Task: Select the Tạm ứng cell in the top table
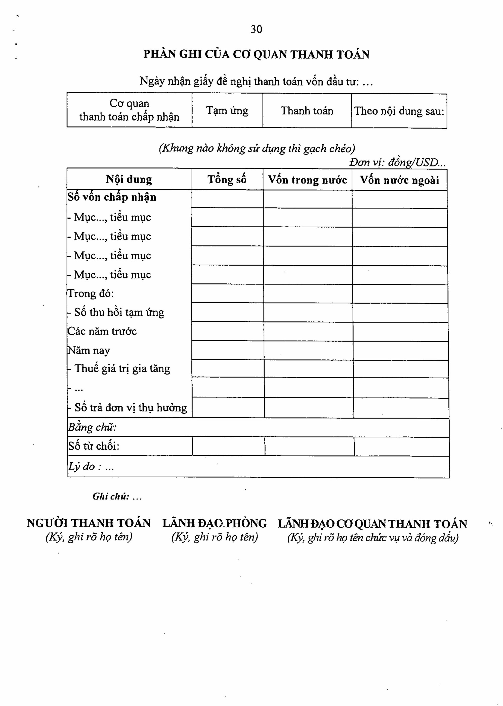[x=227, y=111]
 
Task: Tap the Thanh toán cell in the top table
[x=307, y=111]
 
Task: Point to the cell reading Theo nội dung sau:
[x=399, y=111]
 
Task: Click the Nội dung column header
[x=129, y=179]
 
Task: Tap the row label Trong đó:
[x=91, y=293]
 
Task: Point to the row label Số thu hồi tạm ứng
[x=119, y=312]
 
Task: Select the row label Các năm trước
[x=102, y=331]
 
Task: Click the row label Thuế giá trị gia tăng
[x=122, y=369]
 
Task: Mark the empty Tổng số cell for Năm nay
[x=228, y=350]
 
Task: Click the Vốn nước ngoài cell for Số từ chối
[x=401, y=446]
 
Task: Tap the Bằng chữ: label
[x=92, y=428]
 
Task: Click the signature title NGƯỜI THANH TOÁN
[x=89, y=523]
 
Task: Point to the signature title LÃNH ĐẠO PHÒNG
[x=214, y=523]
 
